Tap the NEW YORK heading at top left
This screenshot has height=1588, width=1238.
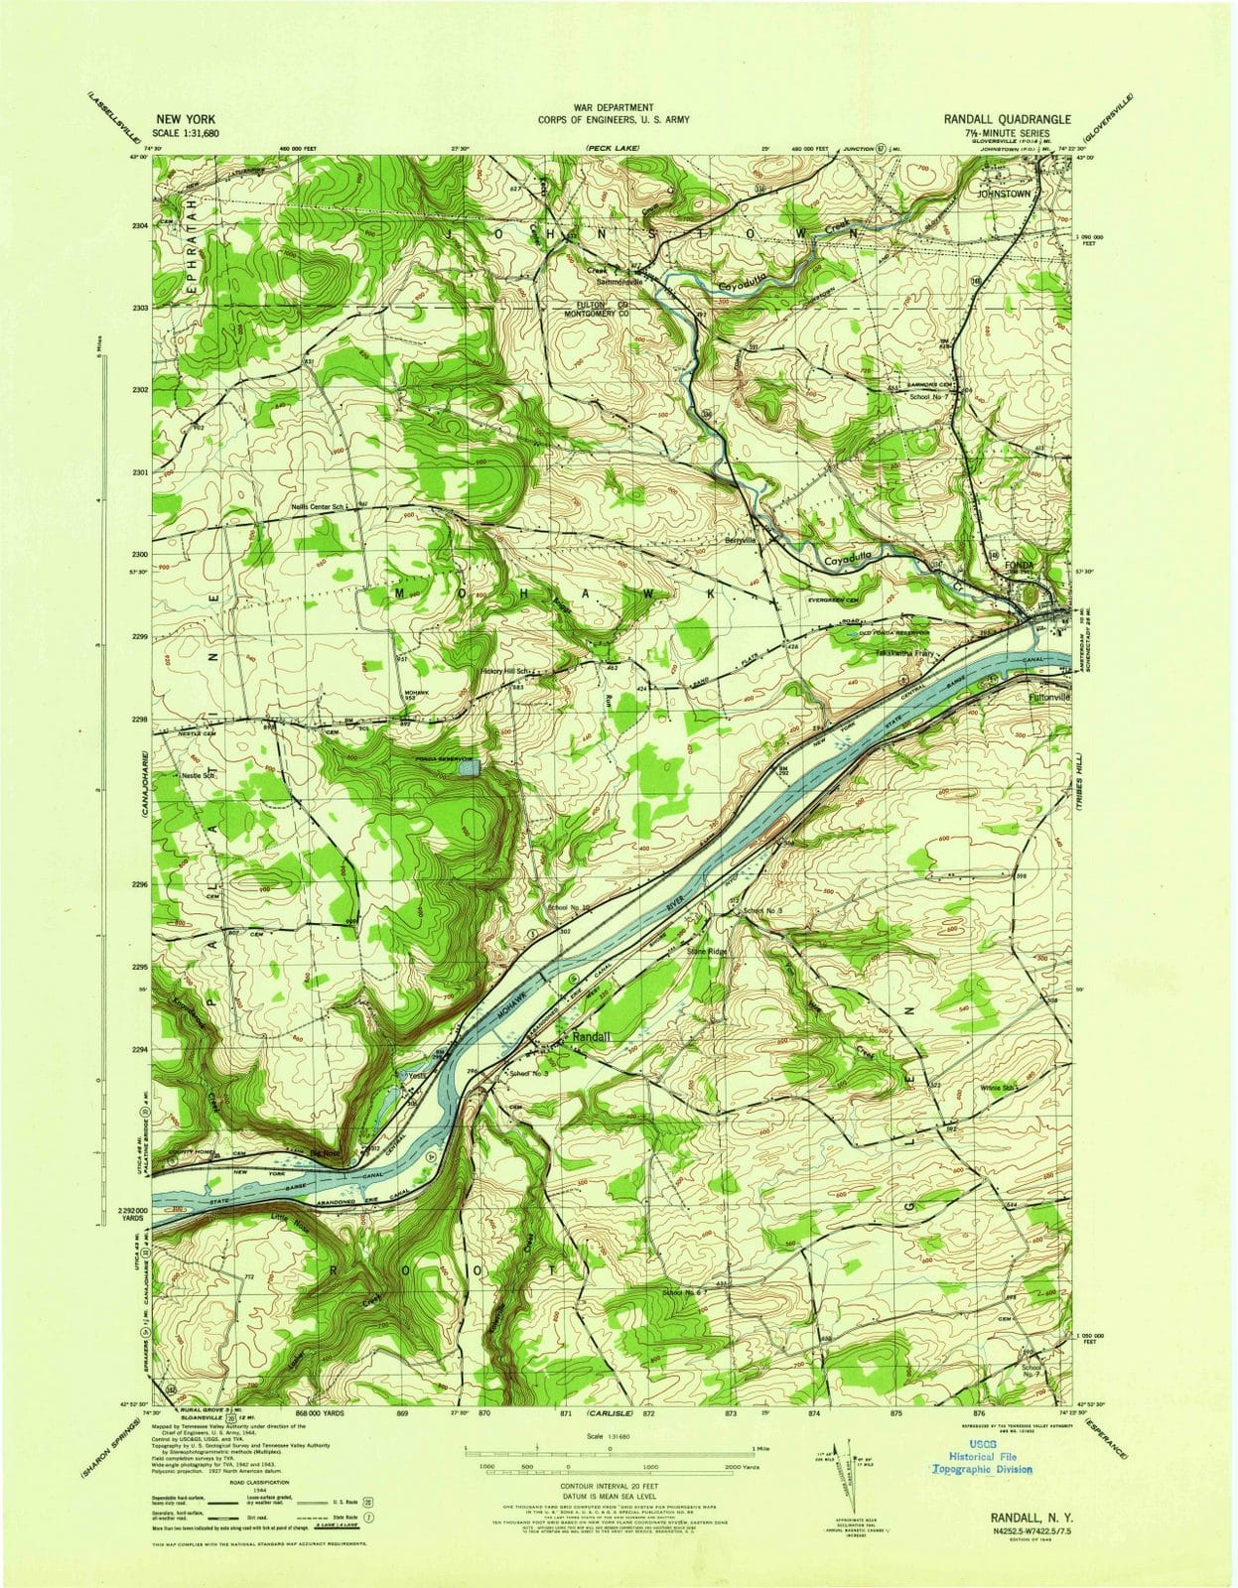187,117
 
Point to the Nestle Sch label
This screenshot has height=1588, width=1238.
197,776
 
